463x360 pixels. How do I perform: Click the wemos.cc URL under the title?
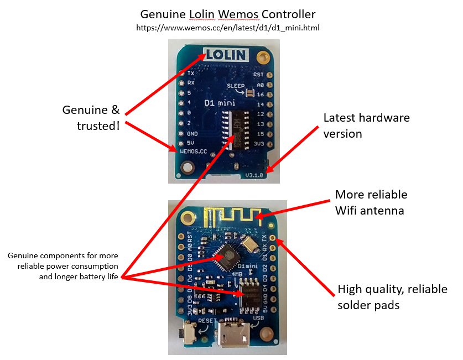click(x=227, y=27)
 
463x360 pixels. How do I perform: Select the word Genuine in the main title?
click(x=161, y=14)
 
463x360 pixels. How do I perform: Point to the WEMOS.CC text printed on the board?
click(x=194, y=150)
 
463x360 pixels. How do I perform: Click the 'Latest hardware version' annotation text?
click(x=366, y=126)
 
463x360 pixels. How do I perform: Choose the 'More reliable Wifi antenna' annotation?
click(x=371, y=202)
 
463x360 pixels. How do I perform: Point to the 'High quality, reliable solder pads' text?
click(x=392, y=297)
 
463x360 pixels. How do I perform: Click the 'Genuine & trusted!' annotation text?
click(x=91, y=118)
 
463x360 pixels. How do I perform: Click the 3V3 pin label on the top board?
click(x=258, y=144)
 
